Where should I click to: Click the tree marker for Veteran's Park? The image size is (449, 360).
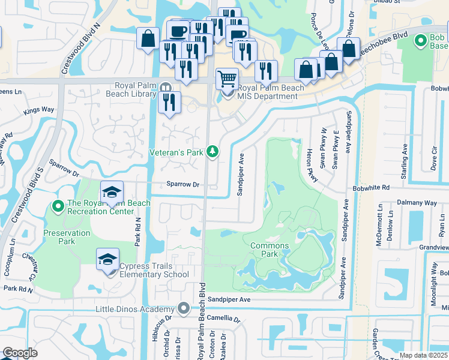pyautogui.click(x=211, y=152)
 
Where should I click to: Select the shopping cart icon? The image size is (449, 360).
pyautogui.click(x=227, y=77)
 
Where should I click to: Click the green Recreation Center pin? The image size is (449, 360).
pyautogui.click(x=58, y=207)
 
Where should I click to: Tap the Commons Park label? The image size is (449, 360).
pyautogui.click(x=270, y=250)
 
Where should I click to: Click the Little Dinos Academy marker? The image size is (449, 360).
pyautogui.click(x=184, y=309)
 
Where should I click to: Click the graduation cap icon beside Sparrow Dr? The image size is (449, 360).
pyautogui.click(x=112, y=192)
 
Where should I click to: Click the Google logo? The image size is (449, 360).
pyautogui.click(x=20, y=353)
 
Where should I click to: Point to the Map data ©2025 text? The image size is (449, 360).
pyautogui.click(x=423, y=355)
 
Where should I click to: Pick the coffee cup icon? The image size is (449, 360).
pyautogui.click(x=178, y=31)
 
